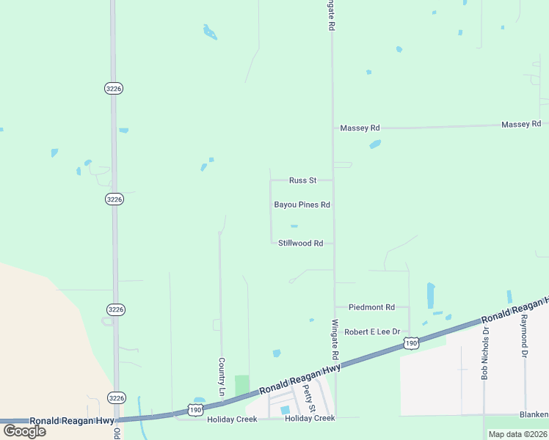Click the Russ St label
(302, 180)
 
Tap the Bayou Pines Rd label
(302, 205)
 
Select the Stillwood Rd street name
(301, 243)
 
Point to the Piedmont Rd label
(371, 307)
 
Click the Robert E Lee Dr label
(373, 331)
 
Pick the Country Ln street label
(221, 377)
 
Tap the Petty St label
(310, 397)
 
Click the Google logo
(23, 431)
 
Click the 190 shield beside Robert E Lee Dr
(412, 342)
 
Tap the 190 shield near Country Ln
(195, 409)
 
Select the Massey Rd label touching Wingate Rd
(360, 128)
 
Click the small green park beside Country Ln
(241, 385)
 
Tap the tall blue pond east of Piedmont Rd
(431, 296)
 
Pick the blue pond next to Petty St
(285, 409)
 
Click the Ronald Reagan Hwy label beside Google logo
(72, 420)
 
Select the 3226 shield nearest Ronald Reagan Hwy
(115, 397)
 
